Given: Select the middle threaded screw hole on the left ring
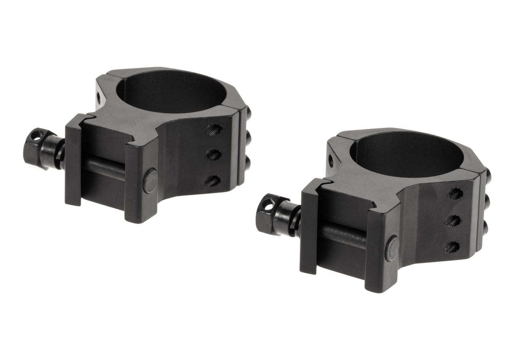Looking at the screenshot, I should click(213, 154).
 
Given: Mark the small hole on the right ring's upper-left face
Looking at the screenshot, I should click(331, 159).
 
